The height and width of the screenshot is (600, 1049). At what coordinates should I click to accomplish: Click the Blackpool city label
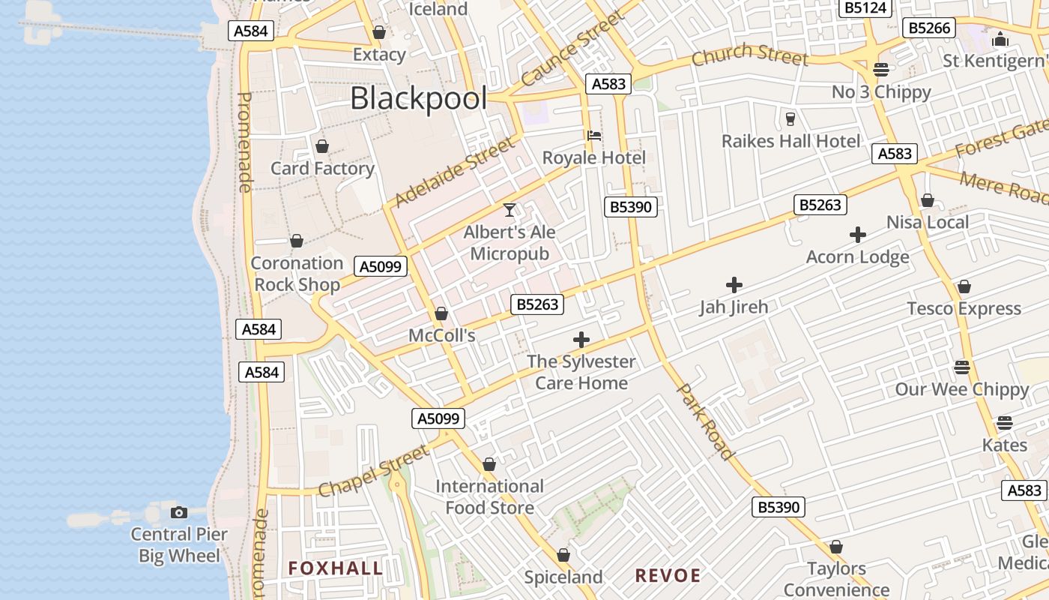pyautogui.click(x=418, y=98)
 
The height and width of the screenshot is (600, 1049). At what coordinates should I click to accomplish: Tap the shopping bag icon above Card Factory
pyautogui.click(x=322, y=146)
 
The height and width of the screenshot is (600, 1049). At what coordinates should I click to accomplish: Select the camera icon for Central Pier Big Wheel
pyautogui.click(x=179, y=513)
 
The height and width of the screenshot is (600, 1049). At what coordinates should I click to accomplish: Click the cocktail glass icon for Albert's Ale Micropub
pyautogui.click(x=510, y=210)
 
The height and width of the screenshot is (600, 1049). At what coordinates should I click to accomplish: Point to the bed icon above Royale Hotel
pyautogui.click(x=594, y=136)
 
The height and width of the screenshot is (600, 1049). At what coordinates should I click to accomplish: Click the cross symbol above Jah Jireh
pyautogui.click(x=734, y=285)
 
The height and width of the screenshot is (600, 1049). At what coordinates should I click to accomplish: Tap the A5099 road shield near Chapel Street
pyautogui.click(x=438, y=418)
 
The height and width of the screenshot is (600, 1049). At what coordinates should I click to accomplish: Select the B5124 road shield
pyautogui.click(x=865, y=7)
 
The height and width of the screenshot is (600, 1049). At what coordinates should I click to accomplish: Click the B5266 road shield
pyautogui.click(x=930, y=28)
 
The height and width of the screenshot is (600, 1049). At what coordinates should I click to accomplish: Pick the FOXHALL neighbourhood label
pyautogui.click(x=336, y=568)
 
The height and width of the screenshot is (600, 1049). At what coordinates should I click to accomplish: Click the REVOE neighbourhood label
pyautogui.click(x=668, y=576)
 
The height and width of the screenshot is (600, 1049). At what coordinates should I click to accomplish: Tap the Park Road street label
pyautogui.click(x=704, y=421)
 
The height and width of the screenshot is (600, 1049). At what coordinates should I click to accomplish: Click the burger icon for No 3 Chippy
pyautogui.click(x=881, y=70)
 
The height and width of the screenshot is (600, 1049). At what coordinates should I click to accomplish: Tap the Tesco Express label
pyautogui.click(x=964, y=309)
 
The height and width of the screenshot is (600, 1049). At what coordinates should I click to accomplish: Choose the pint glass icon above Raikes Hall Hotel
pyautogui.click(x=790, y=118)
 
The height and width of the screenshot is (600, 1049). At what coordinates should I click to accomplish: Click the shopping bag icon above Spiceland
pyautogui.click(x=563, y=556)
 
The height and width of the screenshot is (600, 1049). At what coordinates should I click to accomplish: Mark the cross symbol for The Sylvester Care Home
pyautogui.click(x=581, y=340)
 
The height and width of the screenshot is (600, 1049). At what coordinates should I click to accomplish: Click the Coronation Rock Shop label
pyautogui.click(x=297, y=274)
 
